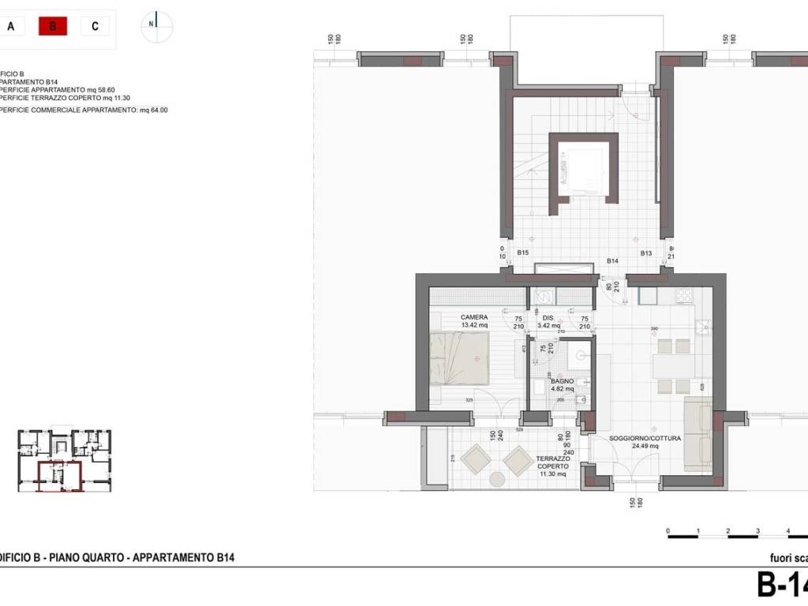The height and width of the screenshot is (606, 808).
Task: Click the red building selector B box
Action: point(53,26)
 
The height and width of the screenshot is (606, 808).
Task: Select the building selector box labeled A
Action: point(10,26)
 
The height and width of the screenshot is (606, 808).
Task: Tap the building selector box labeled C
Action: point(95,26)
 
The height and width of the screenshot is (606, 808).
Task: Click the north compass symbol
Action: point(156,26)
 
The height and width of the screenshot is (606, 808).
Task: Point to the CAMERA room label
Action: point(474,317)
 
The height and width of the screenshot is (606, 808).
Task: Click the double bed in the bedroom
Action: point(460,358)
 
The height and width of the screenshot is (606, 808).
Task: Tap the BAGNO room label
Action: point(563,380)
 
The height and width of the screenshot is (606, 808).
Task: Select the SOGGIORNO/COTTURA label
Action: point(634,438)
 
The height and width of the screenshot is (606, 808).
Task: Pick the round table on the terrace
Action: point(497,479)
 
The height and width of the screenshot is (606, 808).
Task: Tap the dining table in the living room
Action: point(673,366)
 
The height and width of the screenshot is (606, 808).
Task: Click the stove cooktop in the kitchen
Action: point(684,297)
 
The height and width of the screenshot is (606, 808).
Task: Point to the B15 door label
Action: point(522,253)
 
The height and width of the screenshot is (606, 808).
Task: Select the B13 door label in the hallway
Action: point(645,253)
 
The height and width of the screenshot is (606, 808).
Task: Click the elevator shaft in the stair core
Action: point(583,173)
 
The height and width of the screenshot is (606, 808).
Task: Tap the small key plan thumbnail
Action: point(65,461)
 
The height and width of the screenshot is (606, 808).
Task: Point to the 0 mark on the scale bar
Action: point(668,531)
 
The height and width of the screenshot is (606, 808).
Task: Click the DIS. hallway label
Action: point(548,317)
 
